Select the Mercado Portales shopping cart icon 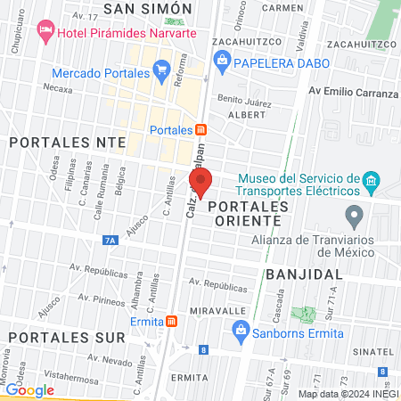(x=161, y=69)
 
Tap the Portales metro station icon (x=201, y=130)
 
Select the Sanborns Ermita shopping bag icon (x=240, y=331)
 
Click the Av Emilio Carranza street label (x=353, y=93)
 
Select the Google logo (x=29, y=389)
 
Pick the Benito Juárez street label (x=243, y=100)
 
